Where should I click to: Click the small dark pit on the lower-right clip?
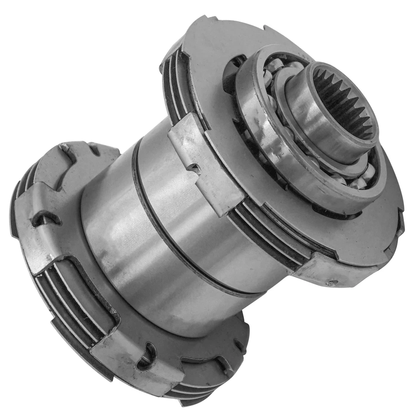click(332, 283)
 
